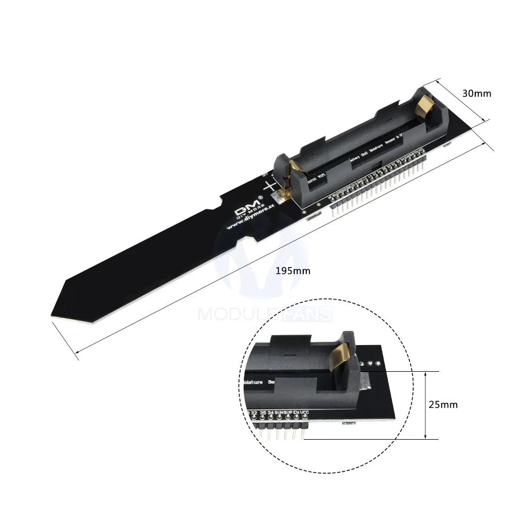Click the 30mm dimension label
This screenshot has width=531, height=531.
coord(476,93)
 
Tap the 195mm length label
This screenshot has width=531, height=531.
coord(293,271)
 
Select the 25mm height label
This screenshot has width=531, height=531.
coord(443,405)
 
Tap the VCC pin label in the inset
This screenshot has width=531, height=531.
coord(304,413)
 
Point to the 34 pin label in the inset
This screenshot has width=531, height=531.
coord(271,413)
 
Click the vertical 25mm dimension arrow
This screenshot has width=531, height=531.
coord(426,405)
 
